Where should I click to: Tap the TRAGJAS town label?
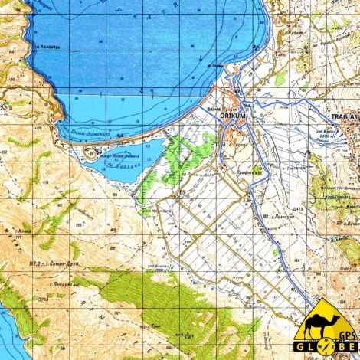point(343,116)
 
